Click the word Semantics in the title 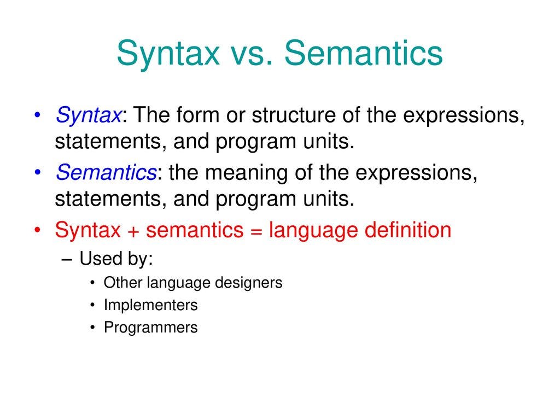coord(363,53)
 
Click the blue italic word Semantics coord(106,172)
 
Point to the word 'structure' coord(294,115)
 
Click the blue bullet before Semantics coord(38,172)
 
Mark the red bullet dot coord(38,230)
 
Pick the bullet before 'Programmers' coord(93,327)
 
